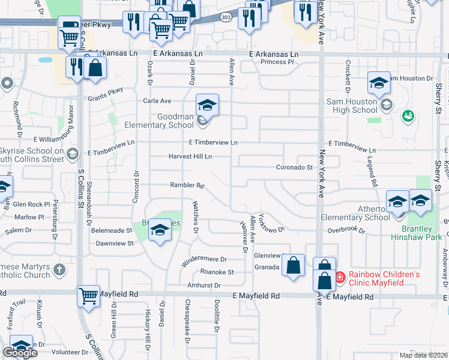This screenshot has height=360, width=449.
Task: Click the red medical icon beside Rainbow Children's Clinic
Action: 339,277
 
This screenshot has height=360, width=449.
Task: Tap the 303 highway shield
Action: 224,16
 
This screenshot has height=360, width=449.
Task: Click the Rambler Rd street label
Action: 187,185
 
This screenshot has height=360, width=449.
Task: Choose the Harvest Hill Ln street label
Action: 190,157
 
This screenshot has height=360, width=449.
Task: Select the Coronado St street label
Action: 295,167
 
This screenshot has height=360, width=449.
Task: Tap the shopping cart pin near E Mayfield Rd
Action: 88,296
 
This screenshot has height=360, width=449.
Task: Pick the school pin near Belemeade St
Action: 160,230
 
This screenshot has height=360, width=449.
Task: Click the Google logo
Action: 20,353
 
